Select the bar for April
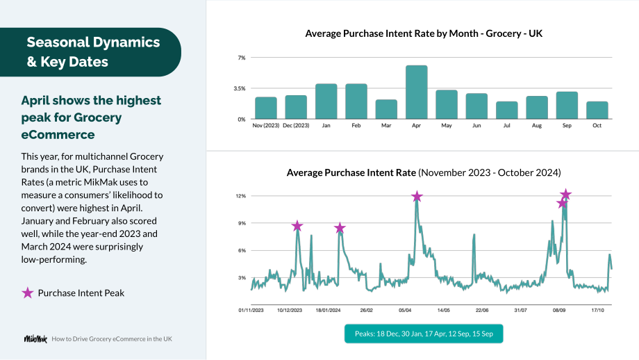pyautogui.click(x=417, y=92)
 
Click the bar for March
pyautogui.click(x=386, y=109)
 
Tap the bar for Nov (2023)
pyautogui.click(x=266, y=108)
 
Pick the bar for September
pyautogui.click(x=567, y=105)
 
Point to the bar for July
pyautogui.click(x=507, y=110)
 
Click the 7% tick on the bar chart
pyautogui.click(x=242, y=58)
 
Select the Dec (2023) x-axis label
pyautogui.click(x=296, y=126)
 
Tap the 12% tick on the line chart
pyautogui.click(x=241, y=196)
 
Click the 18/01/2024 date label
pyautogui.click(x=328, y=310)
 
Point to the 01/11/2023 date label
pyautogui.click(x=251, y=310)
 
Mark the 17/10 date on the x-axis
pyautogui.click(x=597, y=310)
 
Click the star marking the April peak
pyautogui.click(x=417, y=197)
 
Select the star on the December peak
pyautogui.click(x=297, y=226)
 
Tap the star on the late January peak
pyautogui.click(x=340, y=228)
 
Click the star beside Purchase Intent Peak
pyautogui.click(x=27, y=293)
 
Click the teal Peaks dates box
pyautogui.click(x=424, y=334)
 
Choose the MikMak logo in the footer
pyautogui.click(x=35, y=338)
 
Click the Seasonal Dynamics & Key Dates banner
pyautogui.click(x=90, y=52)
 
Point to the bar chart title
pyautogui.click(x=424, y=33)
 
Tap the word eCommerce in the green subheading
pyautogui.click(x=58, y=135)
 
